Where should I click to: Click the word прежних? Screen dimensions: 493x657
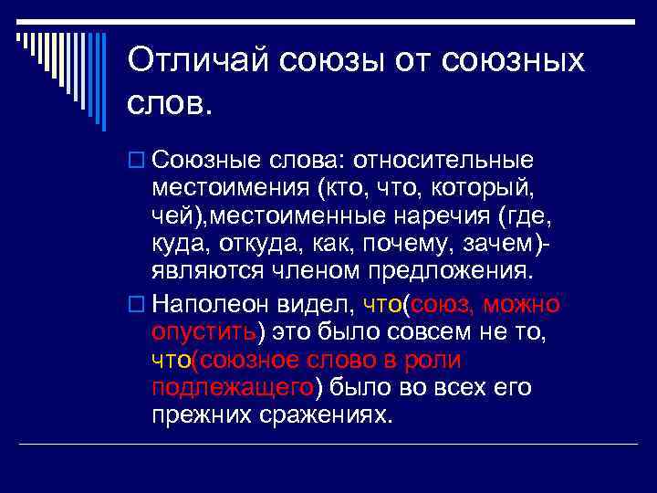201,415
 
